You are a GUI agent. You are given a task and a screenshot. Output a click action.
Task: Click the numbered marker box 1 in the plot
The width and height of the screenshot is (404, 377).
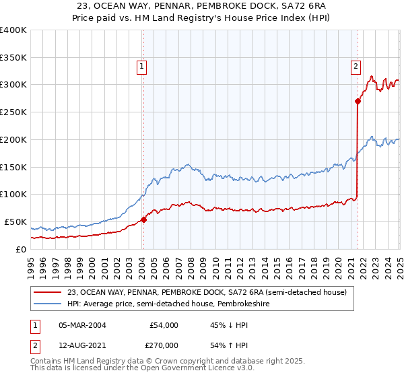pyautogui.click(x=143, y=66)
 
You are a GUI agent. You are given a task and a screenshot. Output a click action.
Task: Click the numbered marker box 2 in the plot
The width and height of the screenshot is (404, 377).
pyautogui.click(x=355, y=66)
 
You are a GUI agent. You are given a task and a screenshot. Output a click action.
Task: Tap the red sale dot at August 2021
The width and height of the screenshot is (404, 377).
pyautogui.click(x=357, y=101)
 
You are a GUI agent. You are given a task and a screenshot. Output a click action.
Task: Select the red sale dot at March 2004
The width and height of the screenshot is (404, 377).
pyautogui.click(x=143, y=219)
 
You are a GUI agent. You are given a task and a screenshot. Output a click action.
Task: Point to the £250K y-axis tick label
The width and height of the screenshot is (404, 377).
pyautogui.click(x=14, y=112)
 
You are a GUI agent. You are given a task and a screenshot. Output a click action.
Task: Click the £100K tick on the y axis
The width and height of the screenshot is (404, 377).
pyautogui.click(x=14, y=195)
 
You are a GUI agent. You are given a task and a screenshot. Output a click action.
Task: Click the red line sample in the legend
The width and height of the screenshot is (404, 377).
pyautogui.click(x=48, y=292)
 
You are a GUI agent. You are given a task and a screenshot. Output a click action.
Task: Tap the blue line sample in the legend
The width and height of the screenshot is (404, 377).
pyautogui.click(x=48, y=304)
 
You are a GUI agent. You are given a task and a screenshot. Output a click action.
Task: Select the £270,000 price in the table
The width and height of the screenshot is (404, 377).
pyautogui.click(x=164, y=345)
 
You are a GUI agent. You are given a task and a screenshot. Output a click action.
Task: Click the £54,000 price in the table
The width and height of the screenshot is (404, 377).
pyautogui.click(x=164, y=325)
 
